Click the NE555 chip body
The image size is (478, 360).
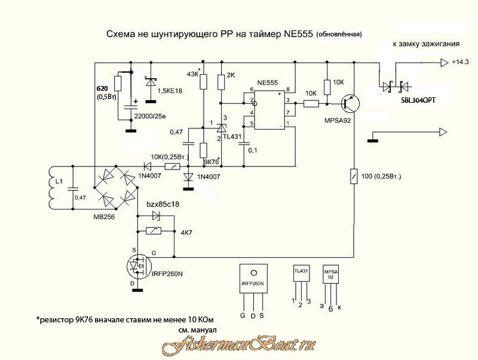269,109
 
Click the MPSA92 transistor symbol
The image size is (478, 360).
348,103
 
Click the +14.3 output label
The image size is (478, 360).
461,62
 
